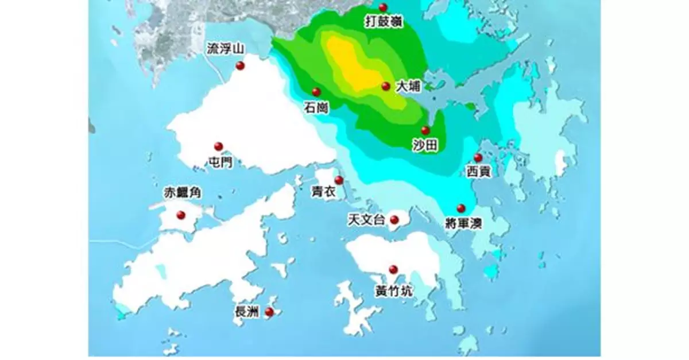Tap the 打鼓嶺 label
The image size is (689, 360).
(384, 22)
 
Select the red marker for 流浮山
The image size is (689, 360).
(240, 66)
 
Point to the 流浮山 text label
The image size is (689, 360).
(226, 51)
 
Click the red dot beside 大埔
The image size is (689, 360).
(386, 87)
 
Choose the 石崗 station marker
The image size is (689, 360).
(316, 92)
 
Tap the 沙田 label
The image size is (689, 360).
(425, 146)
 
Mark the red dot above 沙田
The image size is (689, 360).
(425, 131)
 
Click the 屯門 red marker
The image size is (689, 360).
(218, 146)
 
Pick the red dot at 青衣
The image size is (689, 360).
(339, 180)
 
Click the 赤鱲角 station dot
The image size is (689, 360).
(181, 215)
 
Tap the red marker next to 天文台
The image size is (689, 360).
(394, 220)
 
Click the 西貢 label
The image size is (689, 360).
(478, 172)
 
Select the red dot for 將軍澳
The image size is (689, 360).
(460, 208)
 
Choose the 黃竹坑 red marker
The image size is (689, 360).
(393, 270)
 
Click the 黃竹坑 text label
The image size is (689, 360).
(393, 291)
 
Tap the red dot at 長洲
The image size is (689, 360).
(268, 312)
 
